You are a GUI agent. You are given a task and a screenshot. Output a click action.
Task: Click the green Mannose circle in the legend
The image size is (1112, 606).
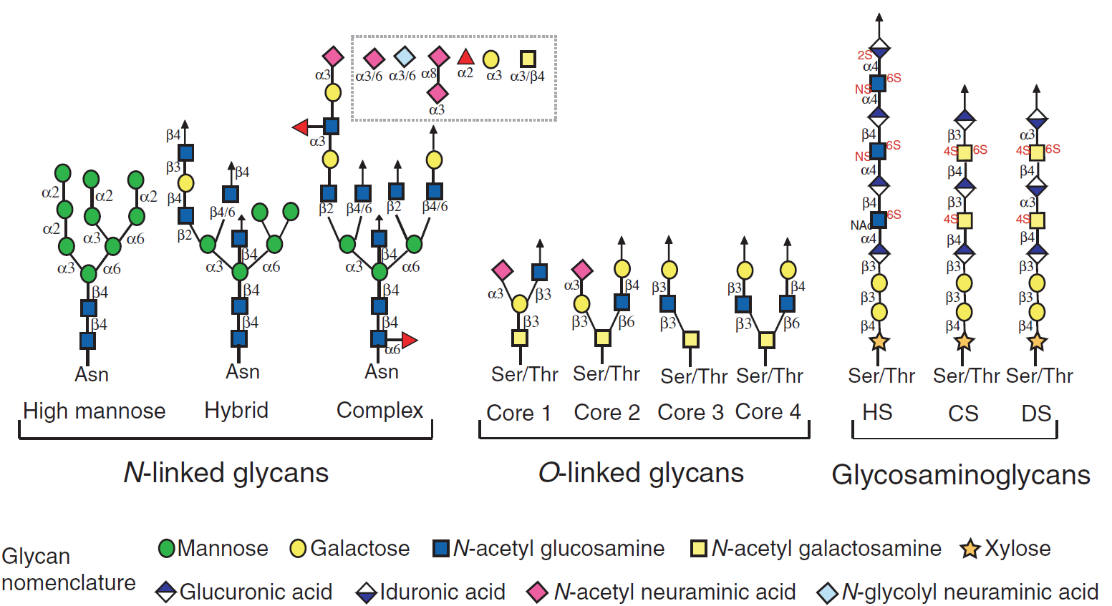click(166, 549)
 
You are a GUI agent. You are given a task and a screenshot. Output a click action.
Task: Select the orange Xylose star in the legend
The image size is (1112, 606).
click(970, 549)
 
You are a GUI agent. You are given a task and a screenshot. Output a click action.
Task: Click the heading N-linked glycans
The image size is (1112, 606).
click(226, 473)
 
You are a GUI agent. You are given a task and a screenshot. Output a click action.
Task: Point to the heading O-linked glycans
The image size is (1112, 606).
click(641, 473)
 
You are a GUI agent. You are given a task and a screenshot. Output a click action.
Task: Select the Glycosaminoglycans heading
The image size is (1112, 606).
click(960, 475)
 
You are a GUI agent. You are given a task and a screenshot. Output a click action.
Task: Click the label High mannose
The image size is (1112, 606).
click(94, 411)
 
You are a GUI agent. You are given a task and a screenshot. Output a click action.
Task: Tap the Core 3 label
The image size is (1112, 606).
click(690, 412)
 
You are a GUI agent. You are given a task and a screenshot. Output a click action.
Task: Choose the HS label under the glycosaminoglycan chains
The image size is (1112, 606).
click(877, 412)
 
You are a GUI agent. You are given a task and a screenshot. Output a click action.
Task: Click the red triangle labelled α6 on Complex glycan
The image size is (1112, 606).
click(409, 340)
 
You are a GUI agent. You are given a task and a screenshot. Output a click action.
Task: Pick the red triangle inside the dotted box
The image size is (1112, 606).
click(465, 57)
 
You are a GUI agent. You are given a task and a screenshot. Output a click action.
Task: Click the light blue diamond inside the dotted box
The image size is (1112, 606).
click(405, 57)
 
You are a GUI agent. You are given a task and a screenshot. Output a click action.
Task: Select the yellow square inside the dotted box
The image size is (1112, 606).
click(528, 59)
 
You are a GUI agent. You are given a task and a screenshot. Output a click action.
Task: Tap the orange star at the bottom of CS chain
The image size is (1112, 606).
click(964, 341)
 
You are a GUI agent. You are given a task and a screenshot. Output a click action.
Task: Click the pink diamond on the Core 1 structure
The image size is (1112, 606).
click(503, 270)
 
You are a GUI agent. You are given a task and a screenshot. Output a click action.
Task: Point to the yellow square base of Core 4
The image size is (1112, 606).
click(766, 339)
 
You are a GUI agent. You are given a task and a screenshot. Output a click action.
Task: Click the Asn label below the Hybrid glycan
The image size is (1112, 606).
click(242, 372)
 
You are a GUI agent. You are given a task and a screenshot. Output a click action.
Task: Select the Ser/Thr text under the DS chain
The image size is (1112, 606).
click(1039, 376)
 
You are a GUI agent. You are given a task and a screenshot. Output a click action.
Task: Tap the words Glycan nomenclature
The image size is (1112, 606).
click(68, 570)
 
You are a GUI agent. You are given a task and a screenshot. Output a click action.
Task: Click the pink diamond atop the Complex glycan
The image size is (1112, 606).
click(332, 56)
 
